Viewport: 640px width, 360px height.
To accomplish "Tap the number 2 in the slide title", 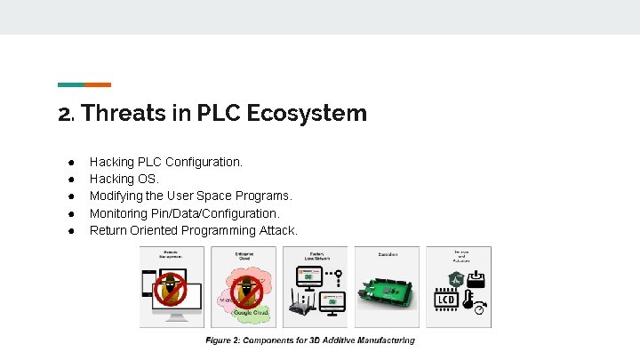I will click(64, 115).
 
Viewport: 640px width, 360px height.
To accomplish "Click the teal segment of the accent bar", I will click(71, 84).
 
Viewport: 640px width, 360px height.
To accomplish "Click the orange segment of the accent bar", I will click(98, 84).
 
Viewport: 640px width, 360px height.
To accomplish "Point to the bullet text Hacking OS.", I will click(124, 179).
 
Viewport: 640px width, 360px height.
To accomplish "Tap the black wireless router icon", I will click(300, 308).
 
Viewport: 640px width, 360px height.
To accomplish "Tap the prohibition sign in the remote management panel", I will click(171, 288).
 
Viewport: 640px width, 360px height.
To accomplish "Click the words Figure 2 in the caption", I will click(226, 340).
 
